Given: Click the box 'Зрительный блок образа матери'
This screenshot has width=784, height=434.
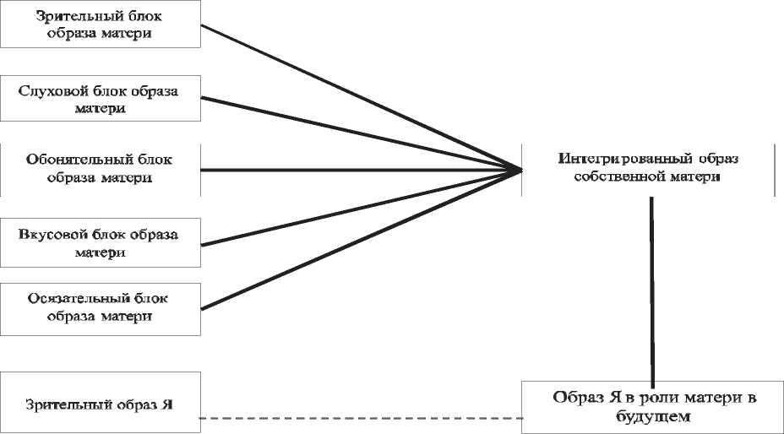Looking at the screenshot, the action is (x=100, y=24).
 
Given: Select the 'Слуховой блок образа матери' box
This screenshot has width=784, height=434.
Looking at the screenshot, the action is (x=100, y=100).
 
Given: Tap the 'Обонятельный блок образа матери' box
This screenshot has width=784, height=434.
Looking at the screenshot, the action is (x=100, y=169).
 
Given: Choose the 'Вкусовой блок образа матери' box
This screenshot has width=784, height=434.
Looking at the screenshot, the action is (x=100, y=242).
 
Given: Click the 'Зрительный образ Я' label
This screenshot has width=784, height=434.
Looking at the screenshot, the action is (x=100, y=404).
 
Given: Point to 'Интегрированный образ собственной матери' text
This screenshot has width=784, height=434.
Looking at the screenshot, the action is (x=649, y=167).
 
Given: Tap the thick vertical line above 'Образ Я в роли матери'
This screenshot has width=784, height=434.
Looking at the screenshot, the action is (x=651, y=287).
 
